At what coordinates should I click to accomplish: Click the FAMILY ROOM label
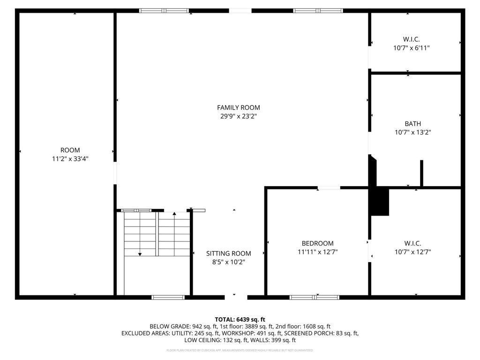click(238, 107)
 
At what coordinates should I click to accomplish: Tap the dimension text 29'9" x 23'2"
click(238, 116)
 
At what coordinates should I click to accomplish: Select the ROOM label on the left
click(70, 150)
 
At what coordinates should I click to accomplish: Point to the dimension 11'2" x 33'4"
click(70, 159)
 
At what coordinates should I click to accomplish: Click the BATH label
click(412, 124)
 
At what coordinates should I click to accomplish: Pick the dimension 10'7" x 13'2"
click(412, 132)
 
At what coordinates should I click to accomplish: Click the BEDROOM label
click(317, 243)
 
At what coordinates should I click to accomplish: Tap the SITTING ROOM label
click(228, 254)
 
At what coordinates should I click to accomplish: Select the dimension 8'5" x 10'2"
click(228, 262)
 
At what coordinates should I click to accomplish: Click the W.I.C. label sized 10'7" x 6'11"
click(411, 39)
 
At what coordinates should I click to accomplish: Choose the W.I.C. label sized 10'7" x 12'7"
click(412, 243)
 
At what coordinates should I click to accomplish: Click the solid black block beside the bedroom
click(380, 202)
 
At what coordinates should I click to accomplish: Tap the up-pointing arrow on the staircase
click(174, 215)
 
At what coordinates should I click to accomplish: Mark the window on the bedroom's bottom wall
click(314, 297)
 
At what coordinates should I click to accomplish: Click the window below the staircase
click(168, 297)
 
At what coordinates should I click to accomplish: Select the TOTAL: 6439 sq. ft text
click(240, 319)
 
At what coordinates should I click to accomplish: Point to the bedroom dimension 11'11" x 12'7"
click(317, 252)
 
